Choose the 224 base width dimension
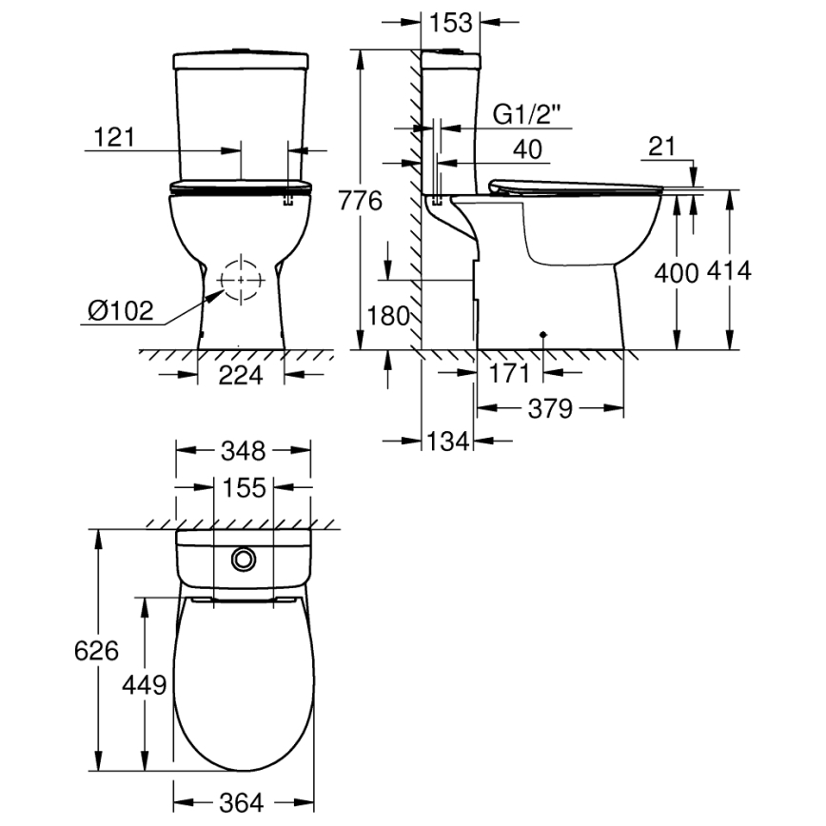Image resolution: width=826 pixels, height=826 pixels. click(x=240, y=375)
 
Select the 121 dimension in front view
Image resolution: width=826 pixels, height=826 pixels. click(x=113, y=137)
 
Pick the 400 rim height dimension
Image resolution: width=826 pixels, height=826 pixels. click(x=677, y=271)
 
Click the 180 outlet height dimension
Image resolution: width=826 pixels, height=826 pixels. click(x=387, y=316)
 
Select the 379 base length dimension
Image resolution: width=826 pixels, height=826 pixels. click(x=550, y=409)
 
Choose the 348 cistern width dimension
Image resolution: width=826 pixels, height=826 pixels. click(x=245, y=450)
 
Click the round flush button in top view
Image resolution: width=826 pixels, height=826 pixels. click(x=245, y=559)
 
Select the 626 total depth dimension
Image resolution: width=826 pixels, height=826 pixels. click(x=97, y=650)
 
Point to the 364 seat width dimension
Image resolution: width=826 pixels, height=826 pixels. click(x=243, y=802)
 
